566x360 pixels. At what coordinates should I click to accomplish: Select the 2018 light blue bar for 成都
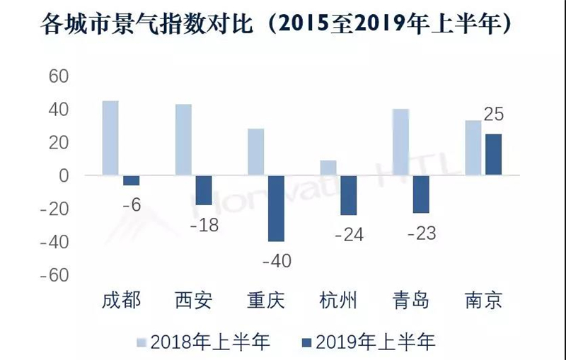coord(110,138)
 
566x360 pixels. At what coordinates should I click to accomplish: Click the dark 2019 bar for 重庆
coord(276,208)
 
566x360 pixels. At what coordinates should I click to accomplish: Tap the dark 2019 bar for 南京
coord(493,154)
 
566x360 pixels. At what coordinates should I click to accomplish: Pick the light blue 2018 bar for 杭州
coord(328,168)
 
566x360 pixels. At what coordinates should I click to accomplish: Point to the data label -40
coord(277,260)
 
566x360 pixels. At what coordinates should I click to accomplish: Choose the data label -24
coord(349,234)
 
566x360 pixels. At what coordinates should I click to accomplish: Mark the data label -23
coord(422,233)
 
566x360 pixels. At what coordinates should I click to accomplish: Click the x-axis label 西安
coord(193,300)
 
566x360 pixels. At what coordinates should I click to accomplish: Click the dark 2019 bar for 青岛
coord(421,194)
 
